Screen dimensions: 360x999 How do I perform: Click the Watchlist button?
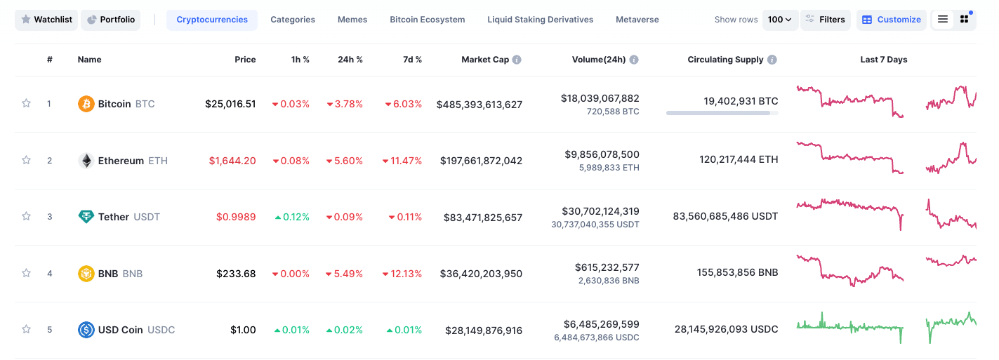pyautogui.click(x=46, y=20)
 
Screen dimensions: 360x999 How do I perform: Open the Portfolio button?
pyautogui.click(x=110, y=20)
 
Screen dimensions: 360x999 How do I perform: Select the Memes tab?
pyautogui.click(x=352, y=20)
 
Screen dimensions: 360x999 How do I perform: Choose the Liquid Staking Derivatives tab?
pyautogui.click(x=540, y=20)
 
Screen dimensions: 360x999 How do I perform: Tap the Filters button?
pyautogui.click(x=825, y=20)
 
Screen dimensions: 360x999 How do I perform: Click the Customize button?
pyautogui.click(x=891, y=20)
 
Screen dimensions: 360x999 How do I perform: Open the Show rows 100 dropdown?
pyautogui.click(x=779, y=20)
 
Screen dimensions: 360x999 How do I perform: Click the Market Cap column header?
pyautogui.click(x=484, y=60)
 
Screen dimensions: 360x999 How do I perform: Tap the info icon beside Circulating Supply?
pyautogui.click(x=772, y=60)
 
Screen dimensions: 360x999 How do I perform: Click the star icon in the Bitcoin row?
pyautogui.click(x=27, y=104)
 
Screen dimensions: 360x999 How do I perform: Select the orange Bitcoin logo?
pyautogui.click(x=86, y=104)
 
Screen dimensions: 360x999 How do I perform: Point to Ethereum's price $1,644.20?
pyautogui.click(x=232, y=161)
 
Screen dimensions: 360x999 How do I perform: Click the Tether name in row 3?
pyautogui.click(x=113, y=217)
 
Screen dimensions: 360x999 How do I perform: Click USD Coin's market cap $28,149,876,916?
pyautogui.click(x=483, y=330)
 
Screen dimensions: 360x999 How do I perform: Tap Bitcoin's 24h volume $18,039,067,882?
pyautogui.click(x=600, y=98)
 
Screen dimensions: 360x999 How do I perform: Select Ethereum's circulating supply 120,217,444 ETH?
pyautogui.click(x=738, y=160)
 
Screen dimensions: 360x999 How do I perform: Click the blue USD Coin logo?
pyautogui.click(x=86, y=330)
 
